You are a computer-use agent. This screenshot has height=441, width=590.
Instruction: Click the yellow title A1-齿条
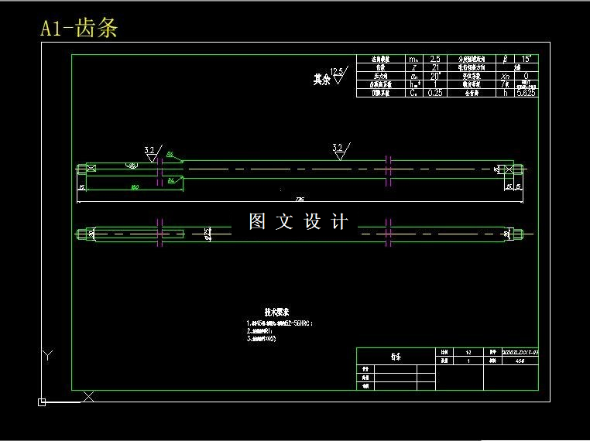79,29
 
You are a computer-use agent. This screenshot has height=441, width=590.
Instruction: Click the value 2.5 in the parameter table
436,59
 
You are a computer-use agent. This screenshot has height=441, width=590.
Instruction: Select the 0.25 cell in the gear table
436,93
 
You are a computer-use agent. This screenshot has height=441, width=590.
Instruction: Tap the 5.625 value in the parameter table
527,93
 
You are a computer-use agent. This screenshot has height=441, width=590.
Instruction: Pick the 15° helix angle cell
527,59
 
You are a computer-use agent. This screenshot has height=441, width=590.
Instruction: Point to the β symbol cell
505,59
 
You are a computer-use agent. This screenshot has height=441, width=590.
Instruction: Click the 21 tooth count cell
436,67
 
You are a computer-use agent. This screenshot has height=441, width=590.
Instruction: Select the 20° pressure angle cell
436,76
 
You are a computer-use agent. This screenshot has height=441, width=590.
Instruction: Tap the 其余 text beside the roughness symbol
321,79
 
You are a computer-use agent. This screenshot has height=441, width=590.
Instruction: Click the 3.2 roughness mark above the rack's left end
149,150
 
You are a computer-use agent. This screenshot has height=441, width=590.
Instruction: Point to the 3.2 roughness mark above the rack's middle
338,147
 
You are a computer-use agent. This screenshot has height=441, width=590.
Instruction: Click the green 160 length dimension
135,187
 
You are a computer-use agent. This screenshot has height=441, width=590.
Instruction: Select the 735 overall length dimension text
300,199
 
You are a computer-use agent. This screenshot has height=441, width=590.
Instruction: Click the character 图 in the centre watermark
258,222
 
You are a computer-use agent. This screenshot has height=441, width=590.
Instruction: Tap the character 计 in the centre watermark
339,222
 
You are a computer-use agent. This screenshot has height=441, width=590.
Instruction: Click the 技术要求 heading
276,311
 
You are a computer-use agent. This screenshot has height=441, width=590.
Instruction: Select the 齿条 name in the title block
396,357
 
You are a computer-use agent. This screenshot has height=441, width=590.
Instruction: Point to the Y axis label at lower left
48,356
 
